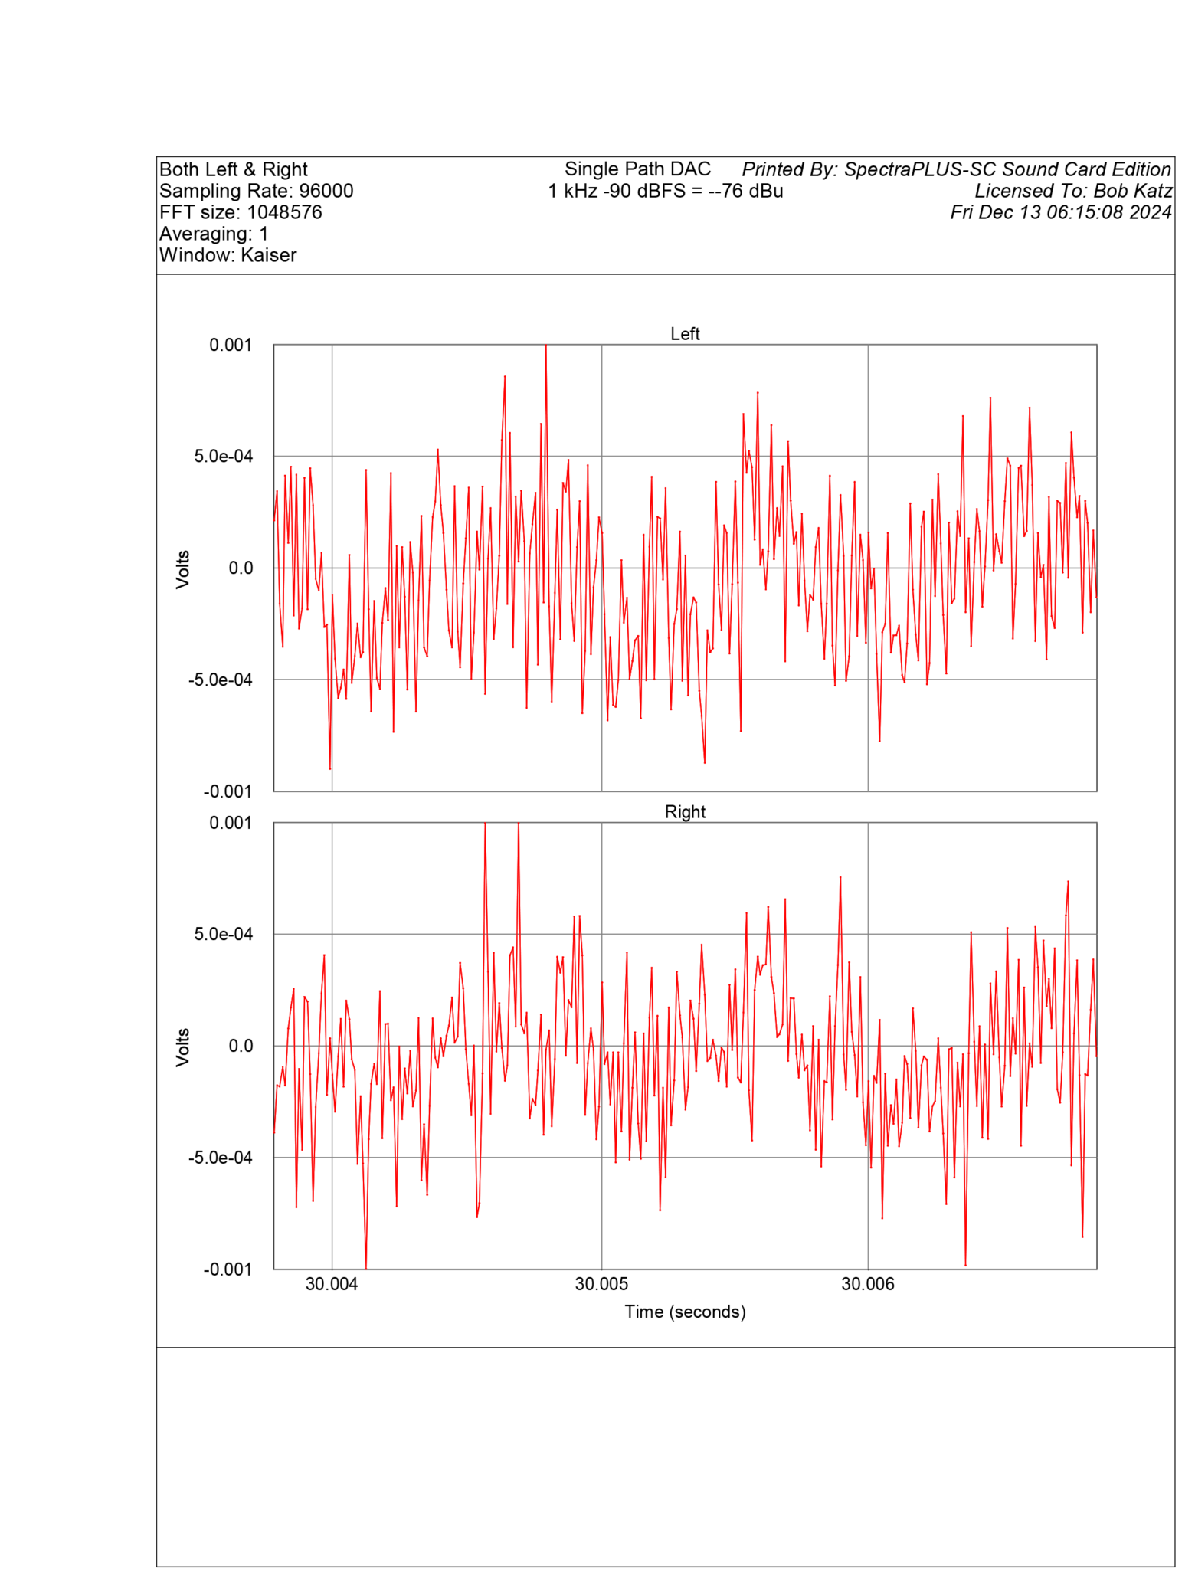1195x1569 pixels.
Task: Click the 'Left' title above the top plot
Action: click(684, 334)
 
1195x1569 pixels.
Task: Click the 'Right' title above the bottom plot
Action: click(684, 811)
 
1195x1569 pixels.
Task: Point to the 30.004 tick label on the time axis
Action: click(332, 1284)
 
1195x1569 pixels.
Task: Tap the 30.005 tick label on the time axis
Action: click(601, 1284)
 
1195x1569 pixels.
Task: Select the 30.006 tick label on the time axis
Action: click(867, 1284)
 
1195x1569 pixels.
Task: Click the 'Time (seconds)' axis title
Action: click(684, 1312)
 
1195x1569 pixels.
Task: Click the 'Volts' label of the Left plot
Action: click(182, 568)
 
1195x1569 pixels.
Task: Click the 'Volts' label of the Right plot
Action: click(182, 1047)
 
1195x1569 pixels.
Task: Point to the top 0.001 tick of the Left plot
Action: click(231, 346)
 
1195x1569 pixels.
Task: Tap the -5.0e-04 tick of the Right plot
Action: click(220, 1157)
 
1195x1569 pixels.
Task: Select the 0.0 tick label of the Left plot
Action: click(241, 568)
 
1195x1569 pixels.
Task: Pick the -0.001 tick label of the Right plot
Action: click(228, 1269)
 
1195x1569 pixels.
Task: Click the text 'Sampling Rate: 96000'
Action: click(256, 191)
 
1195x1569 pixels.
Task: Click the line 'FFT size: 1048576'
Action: click(241, 212)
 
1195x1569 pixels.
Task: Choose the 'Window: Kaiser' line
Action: click(228, 255)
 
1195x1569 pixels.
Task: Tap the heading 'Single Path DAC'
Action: click(637, 169)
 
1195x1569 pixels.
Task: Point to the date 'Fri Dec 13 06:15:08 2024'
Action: click(1060, 212)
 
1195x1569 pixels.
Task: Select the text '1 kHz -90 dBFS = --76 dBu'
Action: click(665, 191)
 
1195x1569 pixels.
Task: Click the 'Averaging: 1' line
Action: click(213, 234)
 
